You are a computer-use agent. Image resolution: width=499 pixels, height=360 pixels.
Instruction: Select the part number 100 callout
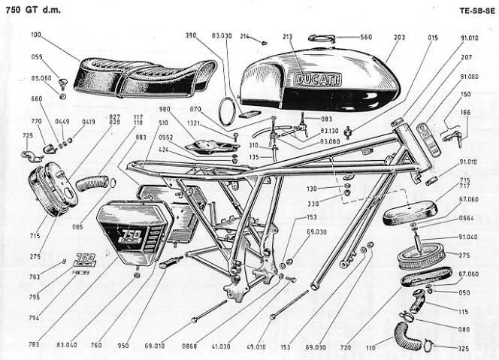coord(37,35)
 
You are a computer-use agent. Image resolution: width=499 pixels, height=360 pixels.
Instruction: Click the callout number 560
coord(366,36)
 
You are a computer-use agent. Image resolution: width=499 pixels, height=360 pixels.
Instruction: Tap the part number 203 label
coord(399,36)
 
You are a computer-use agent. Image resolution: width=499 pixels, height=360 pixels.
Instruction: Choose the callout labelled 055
coord(37,56)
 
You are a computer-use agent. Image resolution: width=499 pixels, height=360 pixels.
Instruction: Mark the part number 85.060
coord(41,77)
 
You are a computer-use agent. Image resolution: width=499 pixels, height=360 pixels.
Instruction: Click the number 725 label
coord(29,135)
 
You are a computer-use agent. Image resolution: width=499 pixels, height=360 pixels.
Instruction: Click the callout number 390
coord(192,35)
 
